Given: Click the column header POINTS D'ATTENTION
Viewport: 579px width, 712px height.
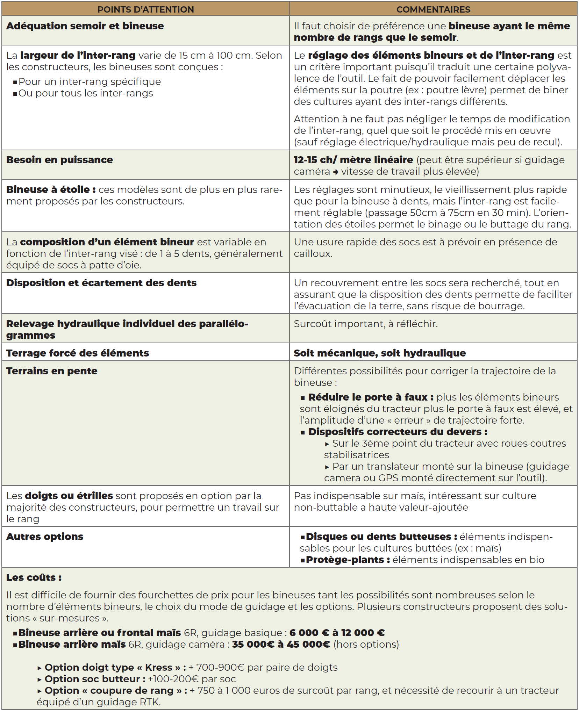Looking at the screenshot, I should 145,9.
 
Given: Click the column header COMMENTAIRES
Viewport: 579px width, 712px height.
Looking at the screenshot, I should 433,9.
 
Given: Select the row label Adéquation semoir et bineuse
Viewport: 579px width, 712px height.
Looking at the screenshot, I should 85,26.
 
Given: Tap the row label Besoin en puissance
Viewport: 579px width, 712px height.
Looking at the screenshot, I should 59,160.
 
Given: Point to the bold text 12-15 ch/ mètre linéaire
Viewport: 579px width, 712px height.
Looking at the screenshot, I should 353,160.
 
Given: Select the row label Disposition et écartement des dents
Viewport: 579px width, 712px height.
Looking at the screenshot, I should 101,283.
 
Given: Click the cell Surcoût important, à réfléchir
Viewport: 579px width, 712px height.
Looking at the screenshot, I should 366,324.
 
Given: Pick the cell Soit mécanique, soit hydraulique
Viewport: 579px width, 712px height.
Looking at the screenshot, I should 380,353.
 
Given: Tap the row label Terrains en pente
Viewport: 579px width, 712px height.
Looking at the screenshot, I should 52,371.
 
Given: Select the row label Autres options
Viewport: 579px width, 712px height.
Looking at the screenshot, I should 45,537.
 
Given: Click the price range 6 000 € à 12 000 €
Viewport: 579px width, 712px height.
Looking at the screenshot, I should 337,633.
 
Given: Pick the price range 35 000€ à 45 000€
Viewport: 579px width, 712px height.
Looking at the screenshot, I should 281,644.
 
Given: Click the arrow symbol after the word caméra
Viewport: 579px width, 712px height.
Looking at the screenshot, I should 336,172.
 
